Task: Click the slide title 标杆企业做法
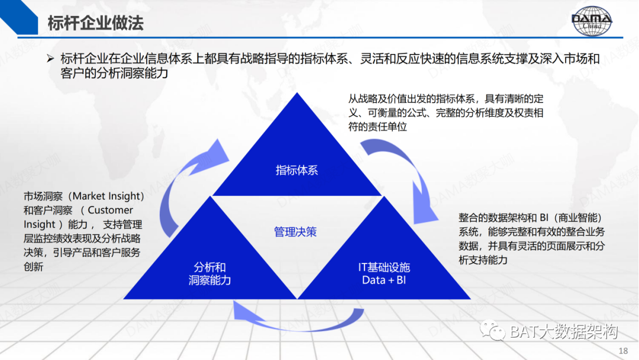click(95, 24)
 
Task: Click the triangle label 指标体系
click(296, 171)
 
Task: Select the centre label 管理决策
click(295, 232)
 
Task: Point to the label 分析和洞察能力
click(209, 273)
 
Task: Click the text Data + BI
click(383, 279)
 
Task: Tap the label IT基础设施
click(383, 266)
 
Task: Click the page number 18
click(622, 350)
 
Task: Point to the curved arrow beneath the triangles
click(296, 317)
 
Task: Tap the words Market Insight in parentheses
click(107, 196)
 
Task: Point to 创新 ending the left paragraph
click(34, 267)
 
